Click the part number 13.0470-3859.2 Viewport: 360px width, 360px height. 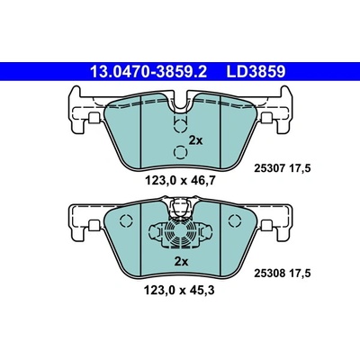[x=148, y=72]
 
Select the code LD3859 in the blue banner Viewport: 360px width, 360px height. [x=256, y=72]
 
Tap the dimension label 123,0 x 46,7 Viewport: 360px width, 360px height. [x=180, y=181]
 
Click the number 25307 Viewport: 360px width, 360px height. [x=269, y=169]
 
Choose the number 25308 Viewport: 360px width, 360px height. [x=269, y=274]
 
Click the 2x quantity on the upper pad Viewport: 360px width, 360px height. [x=195, y=140]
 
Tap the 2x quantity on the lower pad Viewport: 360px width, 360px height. [x=181, y=262]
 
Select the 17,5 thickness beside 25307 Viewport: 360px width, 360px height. [x=300, y=169]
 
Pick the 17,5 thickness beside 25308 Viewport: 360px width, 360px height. [x=300, y=274]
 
